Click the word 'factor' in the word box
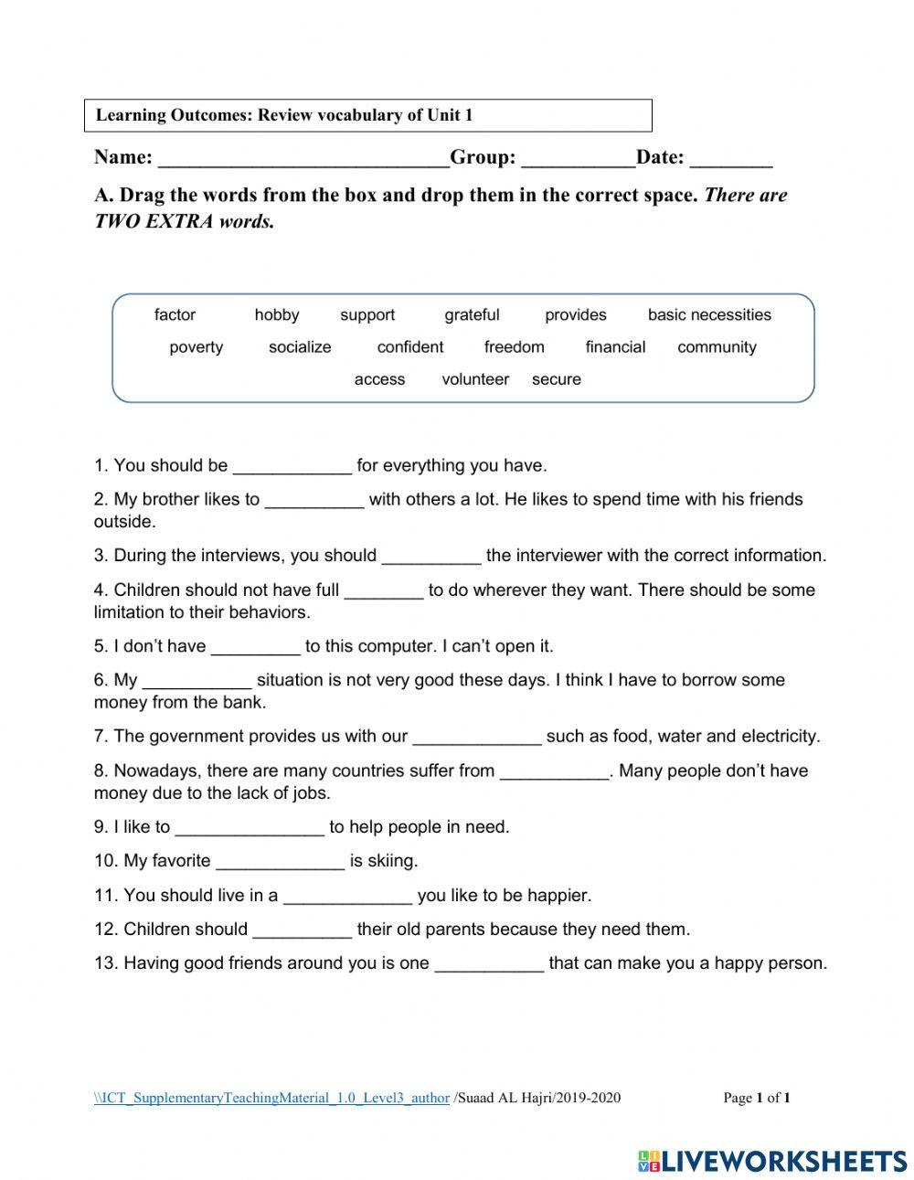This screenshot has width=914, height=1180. [x=175, y=315]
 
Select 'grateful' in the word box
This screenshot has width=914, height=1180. [x=472, y=315]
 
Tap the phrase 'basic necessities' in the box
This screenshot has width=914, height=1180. [x=709, y=315]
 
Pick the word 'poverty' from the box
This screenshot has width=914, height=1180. [x=196, y=347]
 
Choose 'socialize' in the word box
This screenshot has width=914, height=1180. [x=300, y=347]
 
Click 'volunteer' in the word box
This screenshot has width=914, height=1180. [x=475, y=379]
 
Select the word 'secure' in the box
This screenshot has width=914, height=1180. [x=556, y=379]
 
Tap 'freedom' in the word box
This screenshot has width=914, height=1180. [x=514, y=347]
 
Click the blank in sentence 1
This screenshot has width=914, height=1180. [x=292, y=467]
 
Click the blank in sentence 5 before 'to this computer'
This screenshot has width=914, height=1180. [x=255, y=647]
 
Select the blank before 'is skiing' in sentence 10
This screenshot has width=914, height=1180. [x=280, y=862]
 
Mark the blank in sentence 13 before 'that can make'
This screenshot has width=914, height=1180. [x=489, y=964]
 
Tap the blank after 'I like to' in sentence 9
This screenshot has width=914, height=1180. [x=249, y=828]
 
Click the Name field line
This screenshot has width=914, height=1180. [x=303, y=159]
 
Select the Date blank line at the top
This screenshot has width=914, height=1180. [x=731, y=159]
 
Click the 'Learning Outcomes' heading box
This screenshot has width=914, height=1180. [x=367, y=116]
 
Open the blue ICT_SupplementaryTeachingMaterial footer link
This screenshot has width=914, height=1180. [x=271, y=1098]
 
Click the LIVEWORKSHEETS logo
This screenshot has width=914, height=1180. [x=771, y=1160]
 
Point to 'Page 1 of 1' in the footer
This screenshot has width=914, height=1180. [x=756, y=1098]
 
